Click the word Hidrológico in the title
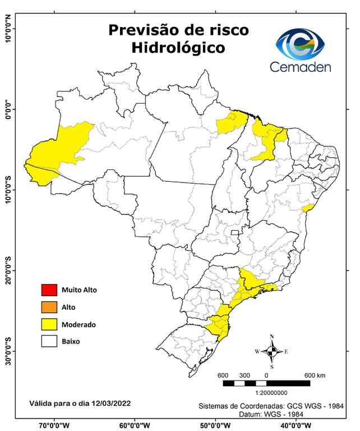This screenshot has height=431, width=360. coord(178,48)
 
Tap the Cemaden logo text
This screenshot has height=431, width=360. coord(301,67)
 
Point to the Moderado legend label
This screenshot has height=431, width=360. coord(79,324)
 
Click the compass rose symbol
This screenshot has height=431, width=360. coord(272,352)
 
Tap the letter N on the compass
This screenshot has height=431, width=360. coord(272,337)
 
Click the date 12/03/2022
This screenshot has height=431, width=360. coord(110,403)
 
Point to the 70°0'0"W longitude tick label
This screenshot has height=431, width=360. coord(55,425)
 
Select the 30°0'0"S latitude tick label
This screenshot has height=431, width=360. coord(8,351)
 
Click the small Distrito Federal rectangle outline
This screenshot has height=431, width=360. coord(236,232)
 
